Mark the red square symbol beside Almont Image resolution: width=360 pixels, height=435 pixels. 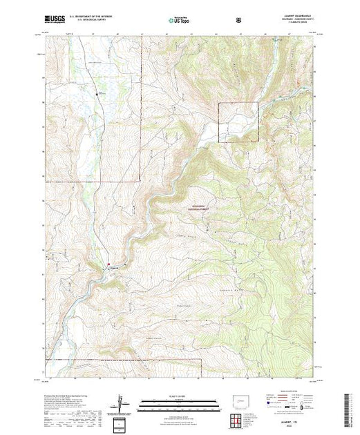(x=108, y=263)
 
